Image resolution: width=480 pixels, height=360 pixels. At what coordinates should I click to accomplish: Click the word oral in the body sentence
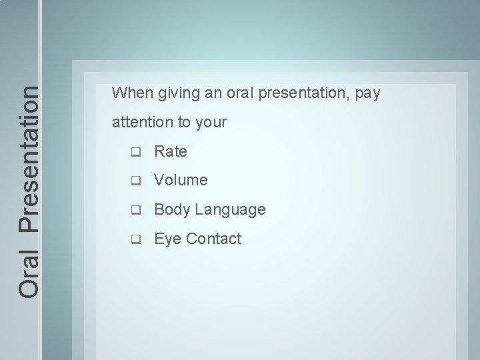pyautogui.click(x=235, y=93)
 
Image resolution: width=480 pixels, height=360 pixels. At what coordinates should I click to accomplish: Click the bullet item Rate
pyautogui.click(x=171, y=151)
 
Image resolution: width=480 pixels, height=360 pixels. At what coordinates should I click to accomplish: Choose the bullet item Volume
pyautogui.click(x=181, y=180)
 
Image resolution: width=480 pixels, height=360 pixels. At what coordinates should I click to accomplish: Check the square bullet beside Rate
pyautogui.click(x=136, y=152)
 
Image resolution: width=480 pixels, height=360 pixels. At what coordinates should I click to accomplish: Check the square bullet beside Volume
pyautogui.click(x=136, y=181)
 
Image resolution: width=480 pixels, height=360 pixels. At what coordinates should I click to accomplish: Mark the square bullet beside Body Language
pyautogui.click(x=136, y=210)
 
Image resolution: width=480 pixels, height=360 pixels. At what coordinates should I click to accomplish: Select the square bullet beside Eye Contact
pyautogui.click(x=136, y=239)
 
